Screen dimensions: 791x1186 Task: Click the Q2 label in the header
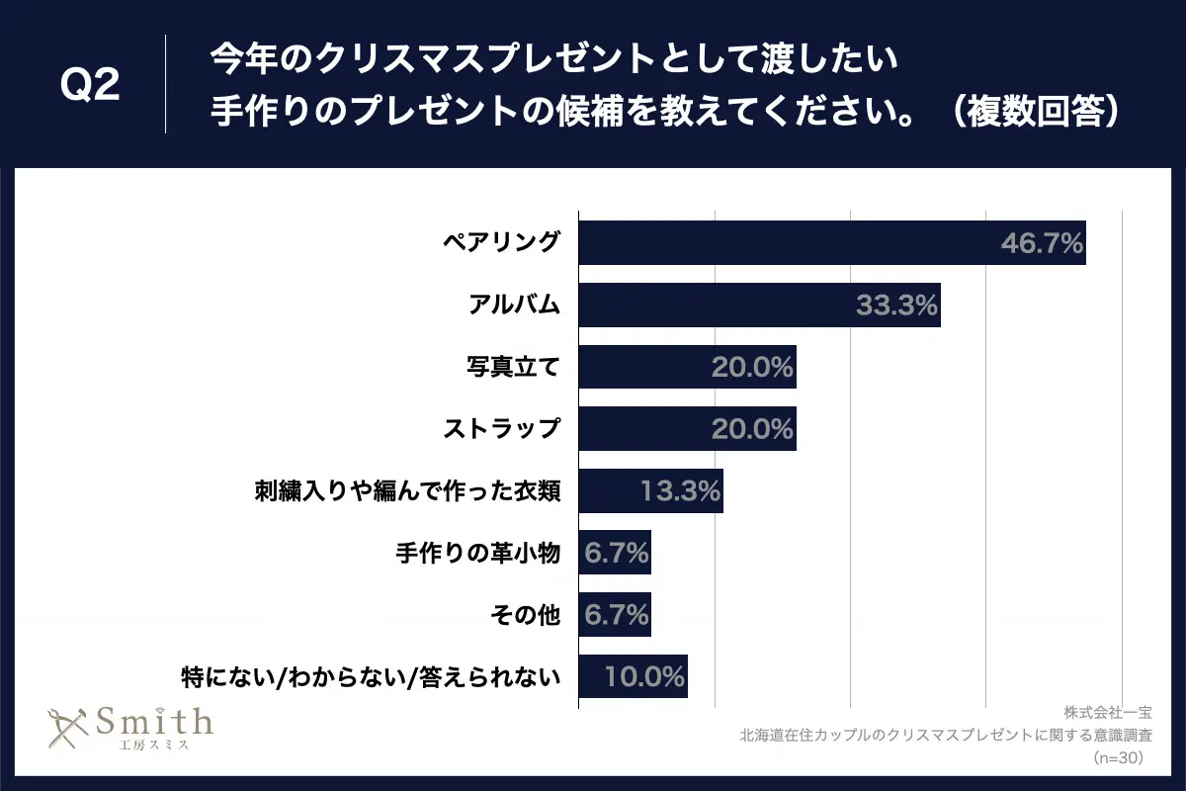click(90, 86)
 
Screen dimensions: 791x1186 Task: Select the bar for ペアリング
click(791, 242)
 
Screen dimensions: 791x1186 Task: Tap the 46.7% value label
click(1042, 242)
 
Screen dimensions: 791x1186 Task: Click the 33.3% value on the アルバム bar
click(896, 305)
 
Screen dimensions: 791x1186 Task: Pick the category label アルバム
click(514, 305)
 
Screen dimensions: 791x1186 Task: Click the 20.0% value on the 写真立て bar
click(752, 367)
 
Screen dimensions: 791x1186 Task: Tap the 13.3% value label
click(680, 491)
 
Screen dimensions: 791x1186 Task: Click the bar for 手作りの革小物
click(614, 553)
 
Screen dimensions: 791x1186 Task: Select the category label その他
click(525, 615)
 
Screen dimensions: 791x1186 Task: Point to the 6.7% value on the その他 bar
click(616, 615)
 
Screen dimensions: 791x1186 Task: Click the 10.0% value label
click(644, 677)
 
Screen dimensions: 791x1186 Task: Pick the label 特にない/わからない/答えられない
click(372, 677)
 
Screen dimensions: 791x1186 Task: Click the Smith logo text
click(152, 722)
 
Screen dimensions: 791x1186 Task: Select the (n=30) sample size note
click(1117, 758)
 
